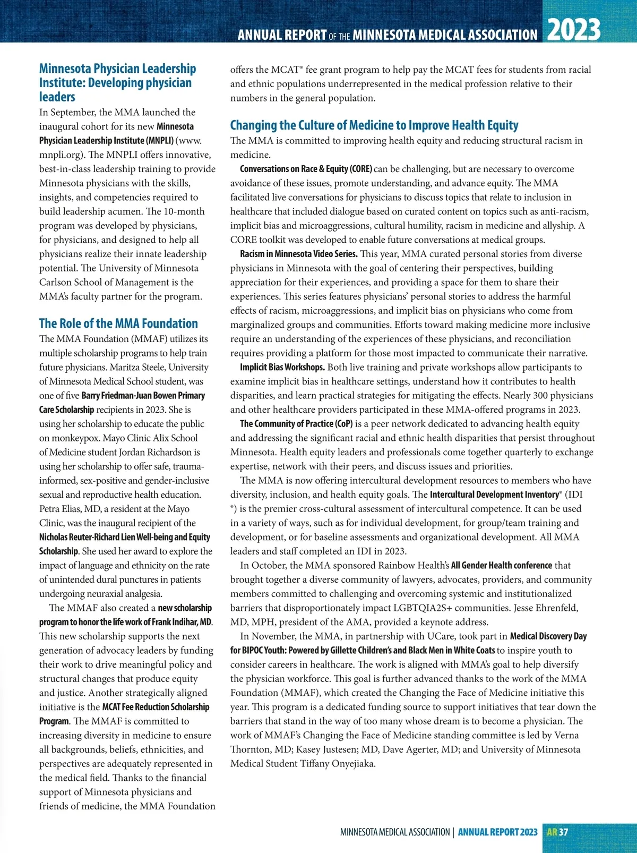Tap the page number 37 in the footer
(563, 832)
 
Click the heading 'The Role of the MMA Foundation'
(118, 323)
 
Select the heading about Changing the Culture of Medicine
(374, 125)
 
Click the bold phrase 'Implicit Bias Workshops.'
(282, 367)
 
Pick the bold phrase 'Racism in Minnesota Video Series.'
(299, 254)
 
